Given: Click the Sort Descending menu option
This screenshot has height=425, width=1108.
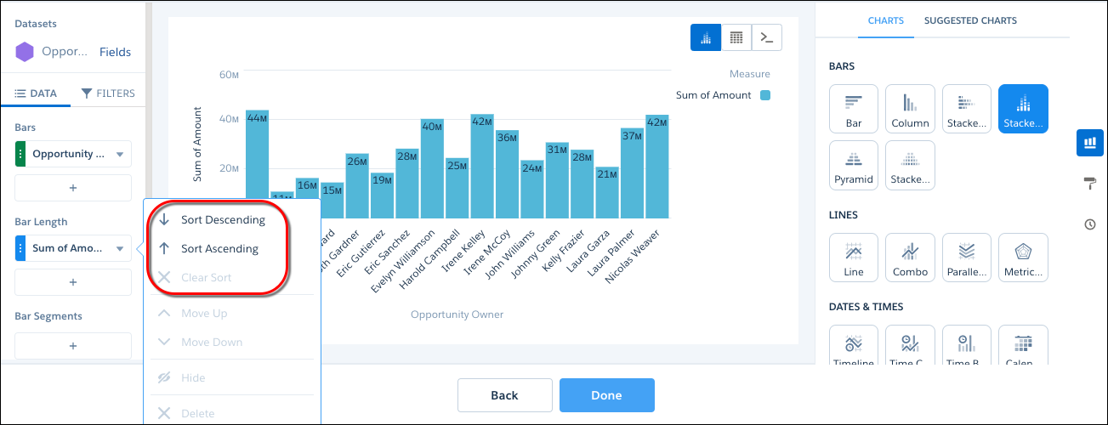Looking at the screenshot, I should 222,220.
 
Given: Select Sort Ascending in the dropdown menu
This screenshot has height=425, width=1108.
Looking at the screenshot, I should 219,249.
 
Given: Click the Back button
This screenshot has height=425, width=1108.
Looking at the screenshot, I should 504,395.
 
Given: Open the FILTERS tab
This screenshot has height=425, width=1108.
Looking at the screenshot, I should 108,93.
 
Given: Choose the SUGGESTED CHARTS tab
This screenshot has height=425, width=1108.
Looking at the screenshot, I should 970,20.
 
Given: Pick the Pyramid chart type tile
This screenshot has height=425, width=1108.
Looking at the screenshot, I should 854,165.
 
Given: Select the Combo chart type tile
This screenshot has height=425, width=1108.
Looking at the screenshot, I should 910,258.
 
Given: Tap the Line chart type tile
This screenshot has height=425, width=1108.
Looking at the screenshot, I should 854,258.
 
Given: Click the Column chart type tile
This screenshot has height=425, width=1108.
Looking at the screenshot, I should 910,109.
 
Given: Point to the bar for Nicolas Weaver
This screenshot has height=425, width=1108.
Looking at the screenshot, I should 656,167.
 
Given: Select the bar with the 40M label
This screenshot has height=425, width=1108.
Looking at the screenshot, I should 432,168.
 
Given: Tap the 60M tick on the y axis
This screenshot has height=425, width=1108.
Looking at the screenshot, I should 229,75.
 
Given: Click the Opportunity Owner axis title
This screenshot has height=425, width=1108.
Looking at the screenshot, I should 457,314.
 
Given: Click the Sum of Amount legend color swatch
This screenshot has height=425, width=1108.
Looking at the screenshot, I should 765,95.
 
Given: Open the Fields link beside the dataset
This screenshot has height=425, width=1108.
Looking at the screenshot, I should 115,52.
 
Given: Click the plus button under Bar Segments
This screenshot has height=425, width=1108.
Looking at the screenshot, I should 73,346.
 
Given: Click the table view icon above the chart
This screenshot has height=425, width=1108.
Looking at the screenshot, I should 736,37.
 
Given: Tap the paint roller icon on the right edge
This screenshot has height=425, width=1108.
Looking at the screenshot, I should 1090,184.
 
